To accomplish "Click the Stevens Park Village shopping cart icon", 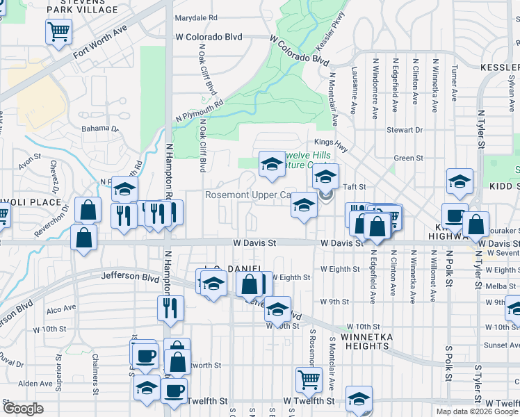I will click(x=58, y=31).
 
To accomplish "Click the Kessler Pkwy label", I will click(x=330, y=33).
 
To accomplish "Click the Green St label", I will click(x=404, y=158).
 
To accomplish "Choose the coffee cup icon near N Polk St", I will click(x=455, y=215).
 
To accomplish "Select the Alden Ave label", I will click(x=35, y=383).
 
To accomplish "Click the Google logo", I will click(x=22, y=409).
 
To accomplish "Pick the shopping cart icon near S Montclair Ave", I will click(x=309, y=379).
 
